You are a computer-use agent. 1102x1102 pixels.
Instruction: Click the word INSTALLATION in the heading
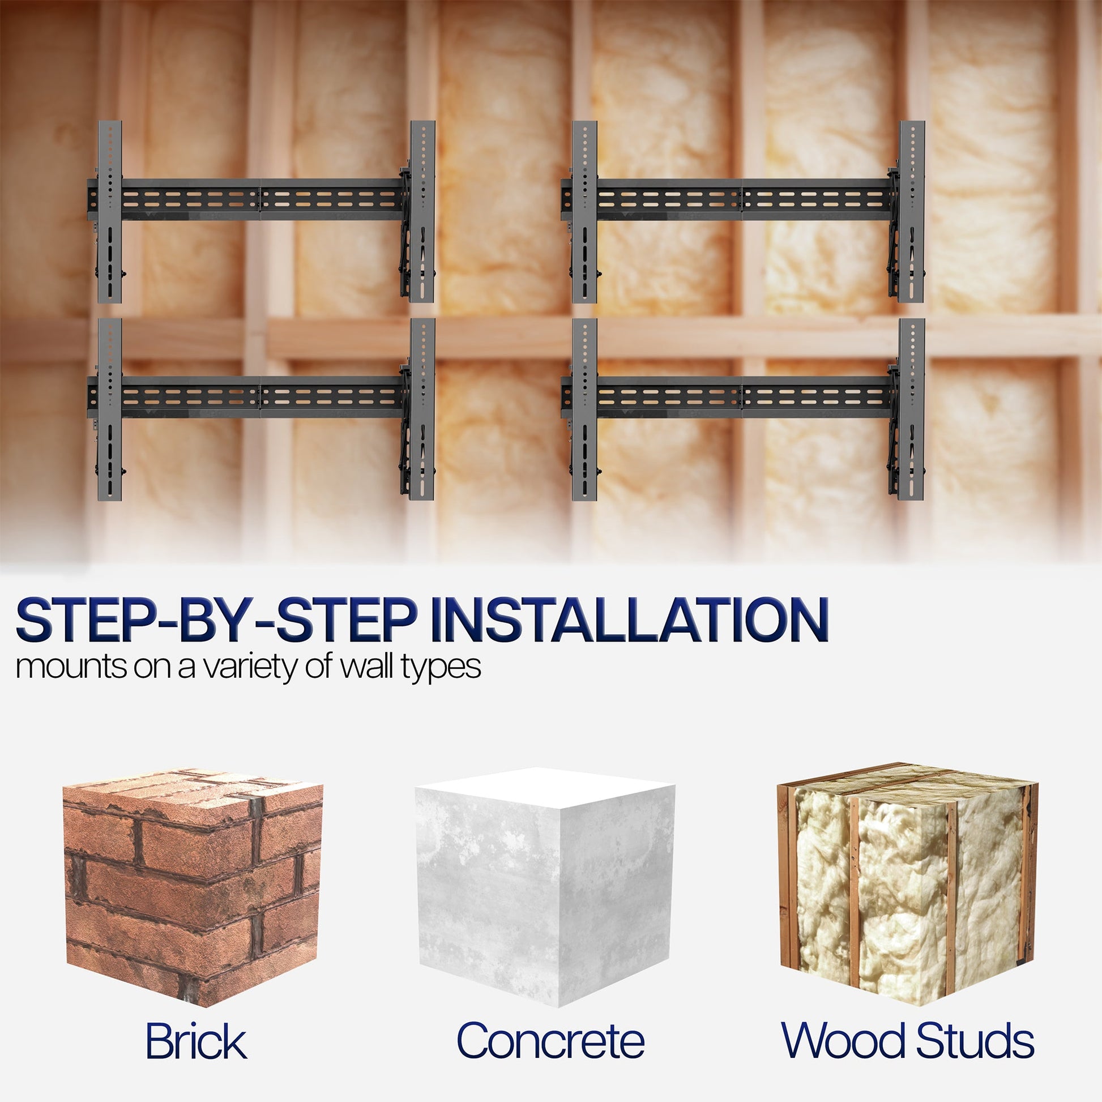[633, 621]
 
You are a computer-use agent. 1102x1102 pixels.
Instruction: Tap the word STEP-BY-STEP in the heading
[216, 621]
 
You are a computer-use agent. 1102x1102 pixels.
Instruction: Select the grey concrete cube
[545, 887]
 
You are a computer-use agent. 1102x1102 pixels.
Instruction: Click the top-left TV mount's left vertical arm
[109, 212]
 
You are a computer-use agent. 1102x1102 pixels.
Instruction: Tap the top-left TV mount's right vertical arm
[422, 212]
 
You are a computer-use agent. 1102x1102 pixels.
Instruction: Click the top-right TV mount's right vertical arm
[912, 212]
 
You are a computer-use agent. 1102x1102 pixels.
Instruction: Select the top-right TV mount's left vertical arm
[584, 212]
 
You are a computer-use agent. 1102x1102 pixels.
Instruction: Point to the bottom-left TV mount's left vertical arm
[109, 409]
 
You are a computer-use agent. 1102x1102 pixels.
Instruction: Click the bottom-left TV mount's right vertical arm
[422, 409]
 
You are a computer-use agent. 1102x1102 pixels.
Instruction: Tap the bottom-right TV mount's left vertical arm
[584, 409]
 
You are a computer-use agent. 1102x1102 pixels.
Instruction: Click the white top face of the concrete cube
[545, 788]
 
